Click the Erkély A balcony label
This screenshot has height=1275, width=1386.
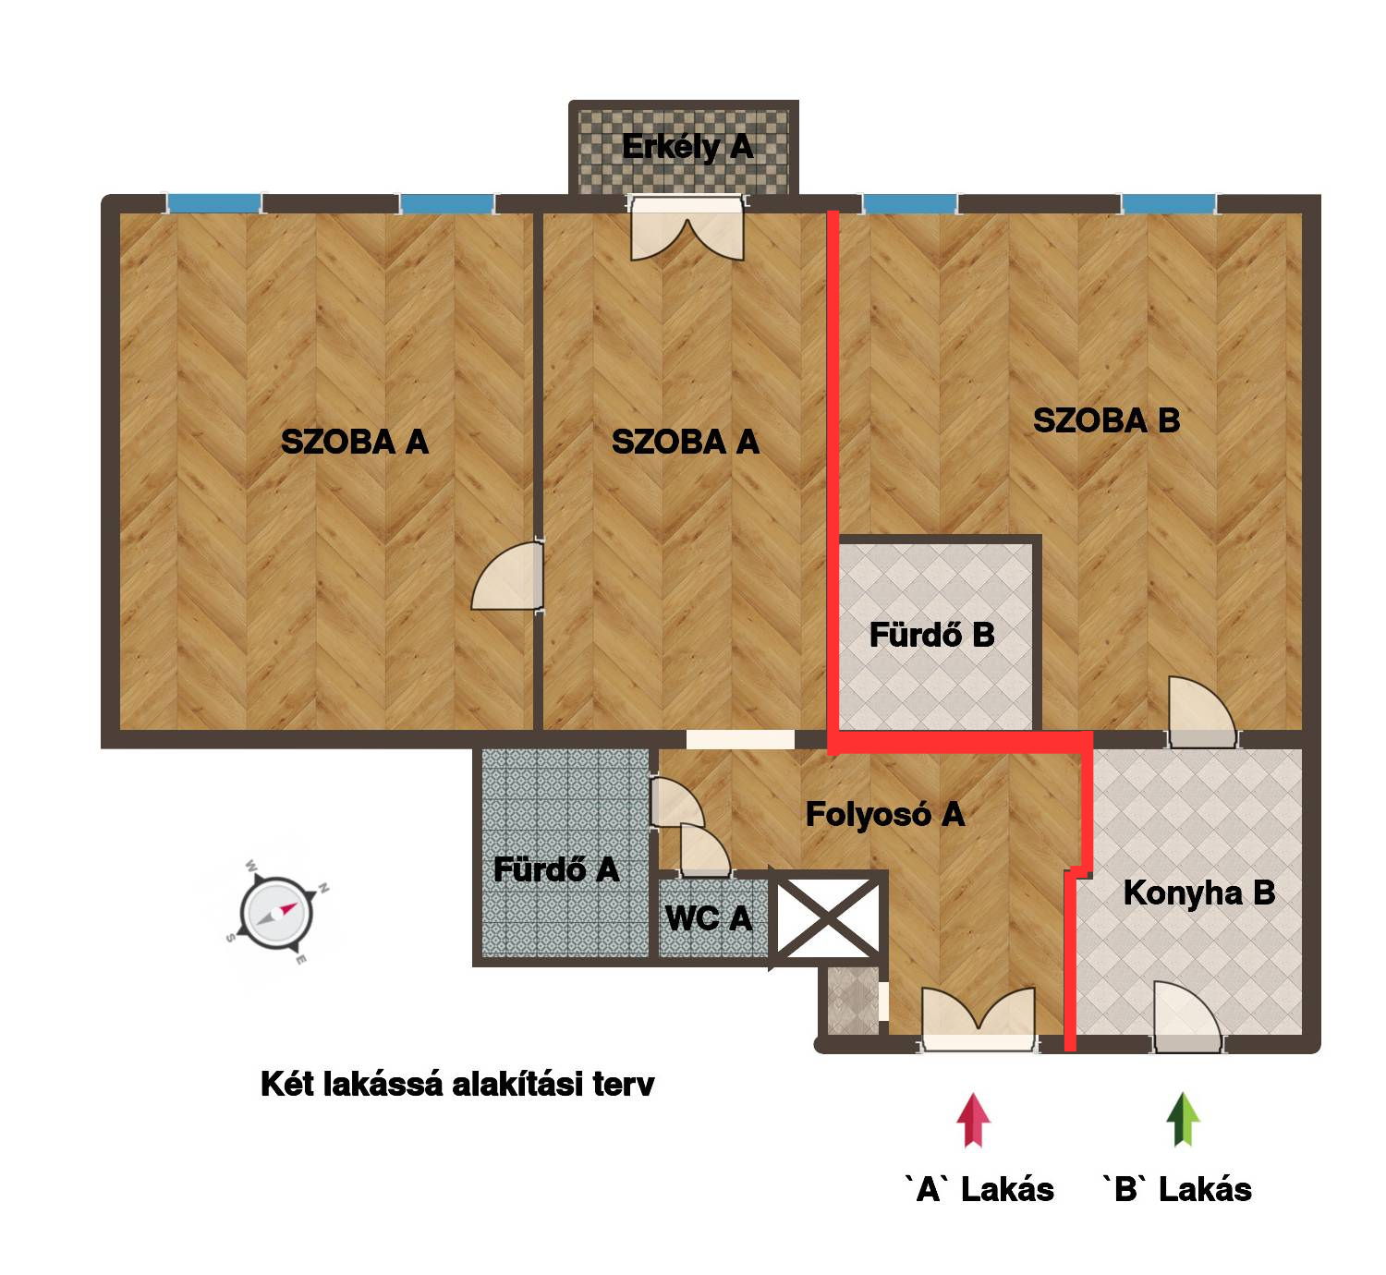pos(687,147)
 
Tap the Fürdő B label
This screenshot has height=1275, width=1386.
pos(931,635)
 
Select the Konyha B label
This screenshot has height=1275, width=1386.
pos(1198,892)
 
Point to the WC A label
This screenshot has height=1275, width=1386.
pos(708,918)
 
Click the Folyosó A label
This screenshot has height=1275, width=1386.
pos(884,814)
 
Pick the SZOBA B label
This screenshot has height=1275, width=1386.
pos(1106,420)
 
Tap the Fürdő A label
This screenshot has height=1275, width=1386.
pos(556,869)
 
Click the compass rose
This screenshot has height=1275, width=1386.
pos(276,913)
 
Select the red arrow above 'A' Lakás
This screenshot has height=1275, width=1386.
pos(973,1120)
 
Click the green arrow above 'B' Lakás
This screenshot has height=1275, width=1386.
pos(1183,1120)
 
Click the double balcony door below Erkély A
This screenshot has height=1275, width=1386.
pos(687,229)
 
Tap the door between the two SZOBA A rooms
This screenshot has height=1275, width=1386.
pos(508,576)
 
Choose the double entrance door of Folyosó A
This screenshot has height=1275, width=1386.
pos(978,1019)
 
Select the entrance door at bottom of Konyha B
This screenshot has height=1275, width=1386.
pos(1186,1017)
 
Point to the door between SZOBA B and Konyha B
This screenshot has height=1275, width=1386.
pos(1201,712)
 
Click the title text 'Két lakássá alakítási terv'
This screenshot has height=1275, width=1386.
pos(457,1085)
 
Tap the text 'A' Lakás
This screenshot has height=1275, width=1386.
pos(979,1190)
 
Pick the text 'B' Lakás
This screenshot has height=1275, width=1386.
pos(1176,1190)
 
